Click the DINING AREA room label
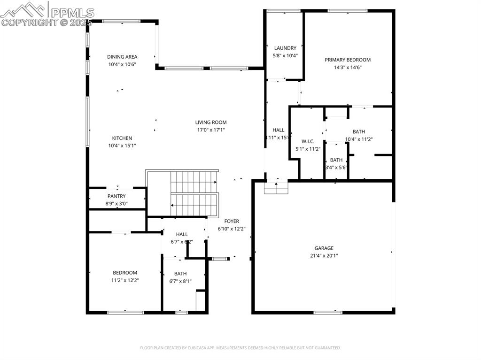pyautogui.click(x=122, y=57)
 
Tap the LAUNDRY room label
pyautogui.click(x=285, y=48)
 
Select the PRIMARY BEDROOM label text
pyautogui.click(x=348, y=60)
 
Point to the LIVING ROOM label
pyautogui.click(x=211, y=122)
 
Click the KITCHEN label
pyautogui.click(x=122, y=138)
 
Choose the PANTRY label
pyautogui.click(x=116, y=196)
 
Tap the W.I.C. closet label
pyautogui.click(x=308, y=141)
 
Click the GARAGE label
pyautogui.click(x=324, y=248)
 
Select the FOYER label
pyautogui.click(x=231, y=221)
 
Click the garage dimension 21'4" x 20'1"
pyautogui.click(x=324, y=256)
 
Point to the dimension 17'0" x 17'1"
pyautogui.click(x=211, y=130)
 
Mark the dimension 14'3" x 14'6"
pyautogui.click(x=348, y=67)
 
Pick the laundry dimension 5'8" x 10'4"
pyautogui.click(x=285, y=55)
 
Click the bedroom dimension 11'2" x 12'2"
pyautogui.click(x=125, y=280)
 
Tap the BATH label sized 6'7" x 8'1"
pyautogui.click(x=180, y=274)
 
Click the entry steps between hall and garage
pyautogui.click(x=276, y=188)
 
